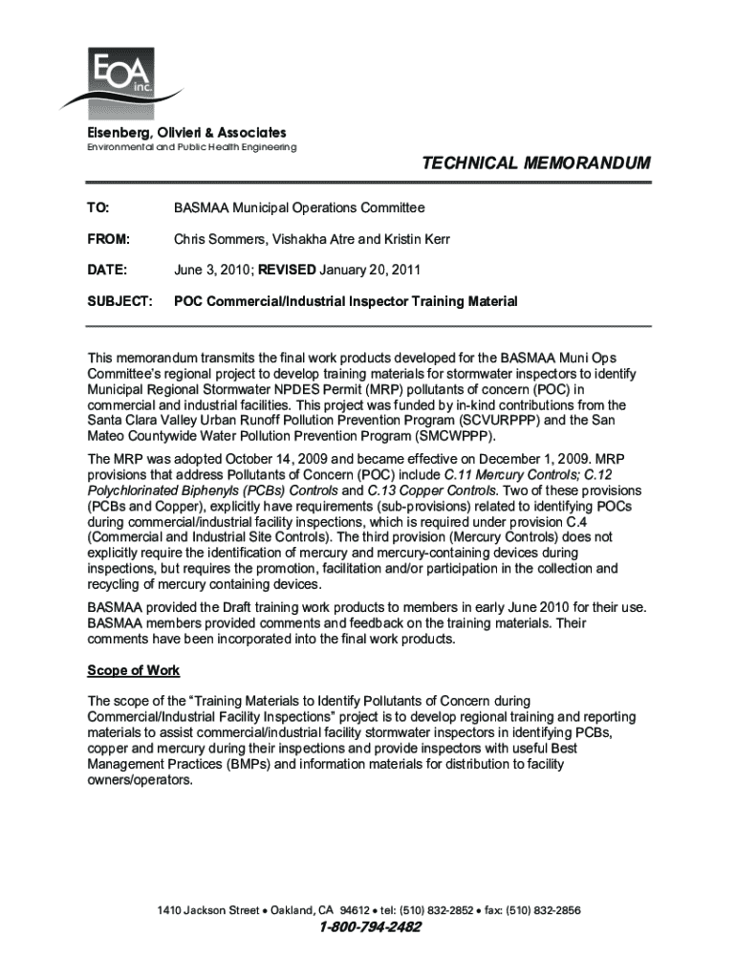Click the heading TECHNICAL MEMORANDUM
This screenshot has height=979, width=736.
pos(535,164)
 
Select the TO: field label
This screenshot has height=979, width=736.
pos(98,207)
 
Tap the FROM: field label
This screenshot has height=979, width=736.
pos(108,238)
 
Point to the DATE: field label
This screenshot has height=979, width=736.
pos(107,270)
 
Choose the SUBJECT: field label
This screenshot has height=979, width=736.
pos(119,301)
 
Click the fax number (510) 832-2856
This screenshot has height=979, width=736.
pos(544,909)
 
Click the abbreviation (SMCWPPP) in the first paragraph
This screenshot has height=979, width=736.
pos(450,434)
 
